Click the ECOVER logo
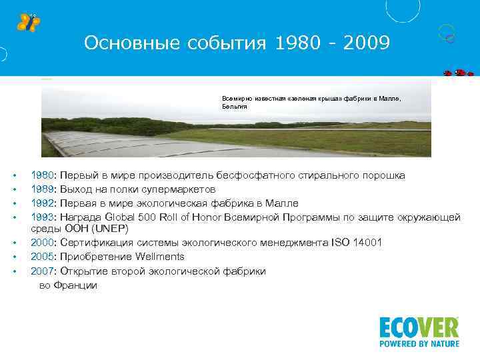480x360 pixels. pos(419,327)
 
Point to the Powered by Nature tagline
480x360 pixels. pos(419,344)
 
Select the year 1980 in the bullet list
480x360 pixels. pos(43,175)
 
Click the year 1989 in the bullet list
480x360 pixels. pos(43,189)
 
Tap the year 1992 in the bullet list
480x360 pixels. pos(43,203)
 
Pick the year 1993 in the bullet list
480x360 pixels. pos(43,216)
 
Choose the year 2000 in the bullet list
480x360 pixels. pos(43,243)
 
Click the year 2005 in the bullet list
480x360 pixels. pos(43,257)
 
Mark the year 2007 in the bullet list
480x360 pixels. pos(43,271)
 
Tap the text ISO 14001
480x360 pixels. pos(357,243)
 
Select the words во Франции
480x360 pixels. pos(68,285)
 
